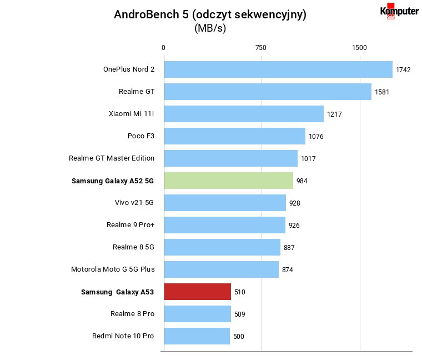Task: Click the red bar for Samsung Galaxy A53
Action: pyautogui.click(x=198, y=292)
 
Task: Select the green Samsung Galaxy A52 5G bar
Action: pyautogui.click(x=229, y=181)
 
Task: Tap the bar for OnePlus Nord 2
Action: pyautogui.click(x=278, y=69)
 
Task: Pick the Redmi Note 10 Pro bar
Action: pyautogui.click(x=197, y=336)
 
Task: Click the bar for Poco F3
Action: pyautogui.click(x=235, y=136)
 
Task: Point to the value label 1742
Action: pyautogui.click(x=403, y=70)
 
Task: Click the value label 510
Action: pyautogui.click(x=240, y=292)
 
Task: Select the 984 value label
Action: pyautogui.click(x=302, y=181)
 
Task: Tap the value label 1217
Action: pyautogui.click(x=334, y=114)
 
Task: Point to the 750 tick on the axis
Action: pyautogui.click(x=261, y=48)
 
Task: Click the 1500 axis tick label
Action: pyautogui.click(x=359, y=48)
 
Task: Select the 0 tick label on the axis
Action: pyautogui.click(x=163, y=48)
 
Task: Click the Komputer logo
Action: pyautogui.click(x=399, y=11)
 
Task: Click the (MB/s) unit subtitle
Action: pyautogui.click(x=210, y=28)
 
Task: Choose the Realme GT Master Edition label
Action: pyautogui.click(x=112, y=158)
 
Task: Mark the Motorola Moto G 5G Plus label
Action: pyautogui.click(x=113, y=269)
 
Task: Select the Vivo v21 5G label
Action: pyautogui.click(x=134, y=202)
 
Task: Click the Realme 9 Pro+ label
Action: pyautogui.click(x=130, y=225)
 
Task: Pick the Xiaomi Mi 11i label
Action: pyautogui.click(x=132, y=114)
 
